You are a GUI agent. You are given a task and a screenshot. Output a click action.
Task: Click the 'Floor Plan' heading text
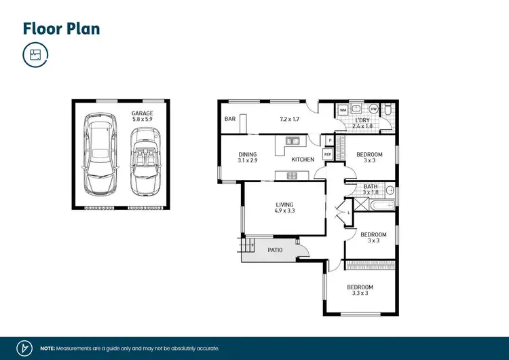pyautogui.click(x=60, y=28)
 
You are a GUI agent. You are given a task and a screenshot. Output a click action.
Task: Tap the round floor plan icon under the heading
pyautogui.click(x=35, y=55)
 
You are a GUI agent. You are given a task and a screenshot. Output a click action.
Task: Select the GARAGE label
pyautogui.click(x=143, y=113)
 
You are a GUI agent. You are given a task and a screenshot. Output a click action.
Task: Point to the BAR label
pyautogui.click(x=229, y=120)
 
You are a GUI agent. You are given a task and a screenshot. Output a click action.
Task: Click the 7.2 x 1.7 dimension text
pyautogui.click(x=290, y=120)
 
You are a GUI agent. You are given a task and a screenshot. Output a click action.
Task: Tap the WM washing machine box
pyautogui.click(x=343, y=109)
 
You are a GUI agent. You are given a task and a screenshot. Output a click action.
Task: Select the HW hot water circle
pyautogui.click(x=374, y=109)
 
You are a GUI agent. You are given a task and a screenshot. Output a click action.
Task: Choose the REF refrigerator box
pyautogui.click(x=327, y=155)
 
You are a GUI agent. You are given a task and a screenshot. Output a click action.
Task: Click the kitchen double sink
pyautogui.click(x=293, y=141)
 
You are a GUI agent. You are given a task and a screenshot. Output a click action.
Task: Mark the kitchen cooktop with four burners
pyautogui.click(x=293, y=176)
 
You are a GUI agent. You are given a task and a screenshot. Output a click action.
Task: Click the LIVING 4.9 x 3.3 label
pyautogui.click(x=284, y=206)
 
